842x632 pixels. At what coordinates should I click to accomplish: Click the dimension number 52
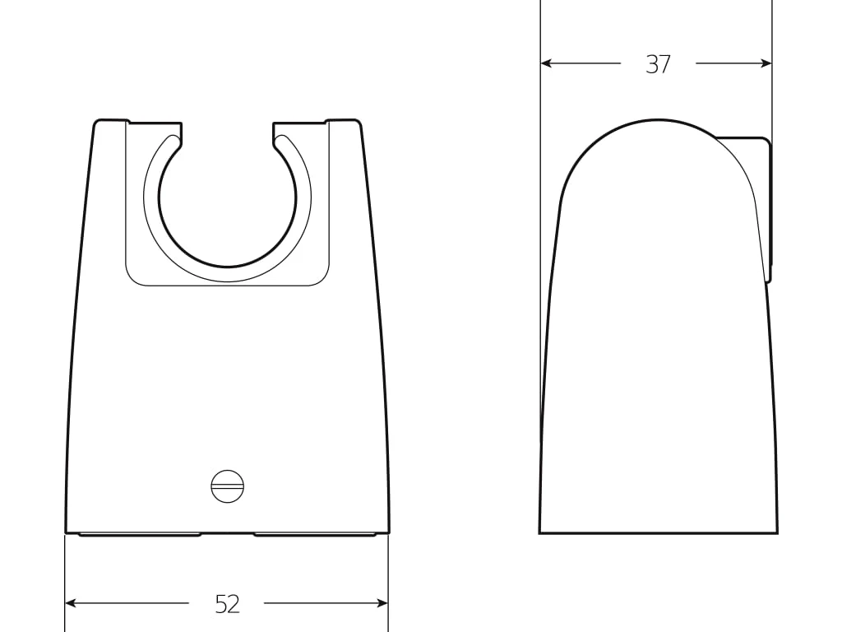[x=227, y=604]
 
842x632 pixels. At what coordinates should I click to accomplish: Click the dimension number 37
[x=658, y=64]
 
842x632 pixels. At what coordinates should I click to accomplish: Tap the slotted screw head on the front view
[x=228, y=486]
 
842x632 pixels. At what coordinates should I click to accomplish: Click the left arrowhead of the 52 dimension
[x=70, y=603]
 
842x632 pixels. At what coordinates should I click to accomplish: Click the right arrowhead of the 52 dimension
[x=382, y=603]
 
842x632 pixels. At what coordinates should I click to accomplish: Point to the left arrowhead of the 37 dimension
[x=547, y=63]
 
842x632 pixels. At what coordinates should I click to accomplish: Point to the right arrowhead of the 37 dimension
[x=766, y=63]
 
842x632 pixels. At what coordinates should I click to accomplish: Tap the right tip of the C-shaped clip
[x=280, y=140]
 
